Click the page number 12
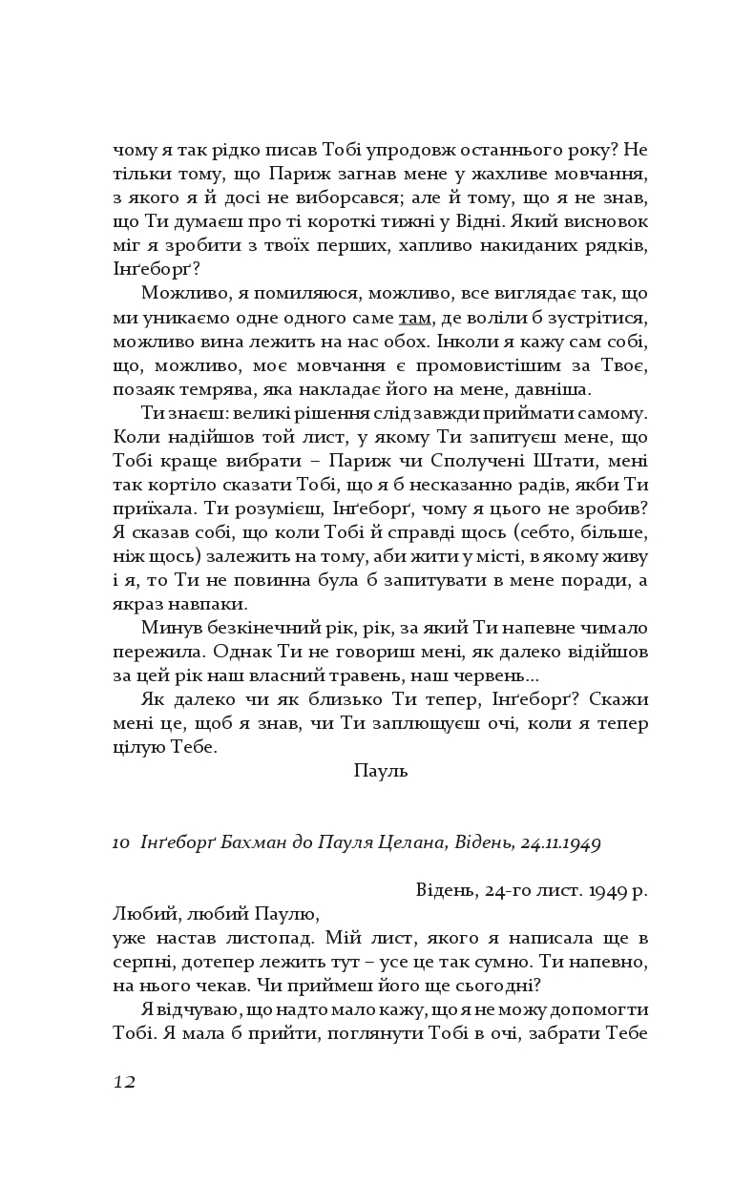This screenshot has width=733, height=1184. pos(124,1081)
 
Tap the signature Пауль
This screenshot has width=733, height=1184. pos(380,771)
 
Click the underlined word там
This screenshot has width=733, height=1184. pos(414,318)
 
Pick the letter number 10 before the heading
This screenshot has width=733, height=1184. pos(120,842)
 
